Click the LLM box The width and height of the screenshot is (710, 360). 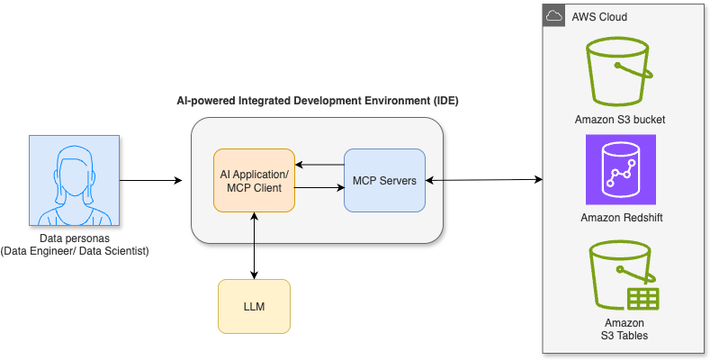coord(254,306)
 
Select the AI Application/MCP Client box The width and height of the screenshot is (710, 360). coord(254,181)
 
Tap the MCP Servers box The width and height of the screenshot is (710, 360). coord(384,181)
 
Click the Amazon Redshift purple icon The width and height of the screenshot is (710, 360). coord(620,170)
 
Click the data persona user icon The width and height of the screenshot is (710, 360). coord(75,181)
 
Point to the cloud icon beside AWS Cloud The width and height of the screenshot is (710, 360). coord(554,16)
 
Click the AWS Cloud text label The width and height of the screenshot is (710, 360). coord(599,17)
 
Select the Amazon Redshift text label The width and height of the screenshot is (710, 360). coord(620,218)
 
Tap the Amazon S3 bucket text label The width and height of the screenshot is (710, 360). coord(620,120)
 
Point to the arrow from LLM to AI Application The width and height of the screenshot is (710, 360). coord(254,229)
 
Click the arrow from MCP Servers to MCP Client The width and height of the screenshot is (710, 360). coord(319,165)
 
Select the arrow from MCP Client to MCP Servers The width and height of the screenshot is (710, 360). coord(319,188)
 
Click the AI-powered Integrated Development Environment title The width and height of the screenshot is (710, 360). coord(317,100)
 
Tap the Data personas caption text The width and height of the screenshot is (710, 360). coord(75,245)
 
